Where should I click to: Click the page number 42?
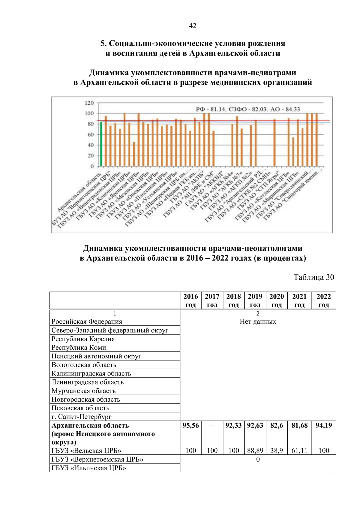pyautogui.click(x=193, y=26)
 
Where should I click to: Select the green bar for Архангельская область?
pyautogui.click(x=101, y=144)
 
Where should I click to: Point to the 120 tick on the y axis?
pyautogui.click(x=89, y=103)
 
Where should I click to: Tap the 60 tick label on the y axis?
pyautogui.click(x=90, y=135)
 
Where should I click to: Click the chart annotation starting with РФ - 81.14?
pyautogui.click(x=247, y=109)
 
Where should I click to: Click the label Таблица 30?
pyautogui.click(x=313, y=277)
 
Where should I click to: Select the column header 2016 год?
pyautogui.click(x=191, y=300)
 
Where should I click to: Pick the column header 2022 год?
pyautogui.click(x=323, y=300)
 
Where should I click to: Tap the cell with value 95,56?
pyautogui.click(x=191, y=425)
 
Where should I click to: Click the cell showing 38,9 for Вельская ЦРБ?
pyautogui.click(x=277, y=451)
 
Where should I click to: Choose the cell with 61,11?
pyautogui.click(x=299, y=451)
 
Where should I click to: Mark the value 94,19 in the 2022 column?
pyautogui.click(x=323, y=425)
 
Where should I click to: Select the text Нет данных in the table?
pyautogui.click(x=258, y=322)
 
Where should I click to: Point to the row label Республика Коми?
pyautogui.click(x=79, y=347)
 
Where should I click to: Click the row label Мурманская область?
pyautogui.click(x=83, y=391)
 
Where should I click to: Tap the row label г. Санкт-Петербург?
pyautogui.click(x=81, y=417)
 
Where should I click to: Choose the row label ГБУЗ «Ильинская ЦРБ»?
pyautogui.click(x=88, y=468)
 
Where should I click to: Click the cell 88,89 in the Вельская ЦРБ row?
pyautogui.click(x=255, y=451)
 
